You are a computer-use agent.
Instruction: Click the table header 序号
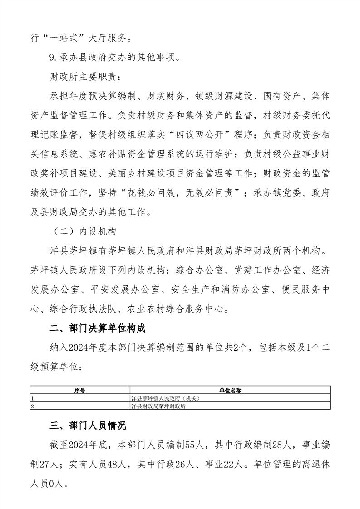(x=80, y=389)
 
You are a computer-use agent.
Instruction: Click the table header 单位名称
(x=230, y=389)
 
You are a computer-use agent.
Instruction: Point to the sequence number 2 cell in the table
(x=32, y=406)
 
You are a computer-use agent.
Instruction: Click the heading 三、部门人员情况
(x=88, y=426)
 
